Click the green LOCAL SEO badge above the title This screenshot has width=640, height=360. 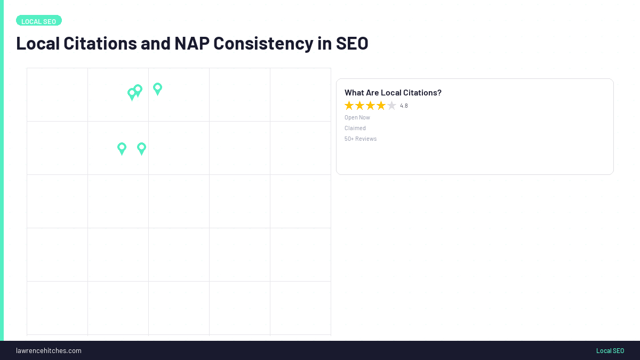pyautogui.click(x=39, y=21)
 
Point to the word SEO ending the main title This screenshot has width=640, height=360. pyautogui.click(x=352, y=43)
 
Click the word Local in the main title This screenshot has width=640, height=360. pyautogui.click(x=37, y=43)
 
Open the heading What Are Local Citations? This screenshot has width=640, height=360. pyautogui.click(x=393, y=93)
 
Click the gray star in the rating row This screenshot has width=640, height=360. pyautogui.click(x=391, y=106)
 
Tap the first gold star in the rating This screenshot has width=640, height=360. pyautogui.click(x=349, y=106)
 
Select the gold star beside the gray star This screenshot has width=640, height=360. pyautogui.click(x=381, y=106)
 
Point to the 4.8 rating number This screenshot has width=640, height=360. pyautogui.click(x=404, y=106)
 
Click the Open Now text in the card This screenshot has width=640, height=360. pyautogui.click(x=357, y=117)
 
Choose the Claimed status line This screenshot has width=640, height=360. pyautogui.click(x=355, y=128)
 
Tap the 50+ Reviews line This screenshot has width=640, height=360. pyautogui.click(x=361, y=139)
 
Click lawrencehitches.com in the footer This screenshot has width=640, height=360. pyautogui.click(x=49, y=350)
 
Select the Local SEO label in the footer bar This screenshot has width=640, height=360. pyautogui.click(x=610, y=350)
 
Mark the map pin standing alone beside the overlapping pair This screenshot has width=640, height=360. pyautogui.click(x=157, y=88)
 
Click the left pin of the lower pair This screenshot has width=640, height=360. pyautogui.click(x=122, y=148)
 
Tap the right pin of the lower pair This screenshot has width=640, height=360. pyautogui.click(x=141, y=148)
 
